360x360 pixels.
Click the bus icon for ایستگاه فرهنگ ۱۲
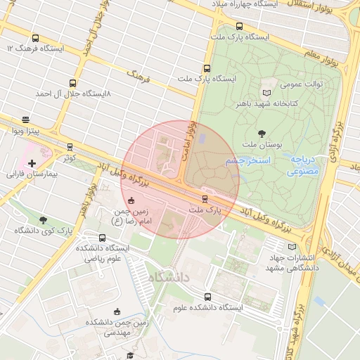[35, 39]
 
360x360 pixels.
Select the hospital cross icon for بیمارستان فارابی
[32, 163]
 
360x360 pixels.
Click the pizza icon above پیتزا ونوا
[26, 120]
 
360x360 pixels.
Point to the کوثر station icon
[70, 147]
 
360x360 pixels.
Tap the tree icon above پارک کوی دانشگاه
[44, 220]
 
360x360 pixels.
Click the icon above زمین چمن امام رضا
[130, 200]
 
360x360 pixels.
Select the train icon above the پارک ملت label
[205, 199]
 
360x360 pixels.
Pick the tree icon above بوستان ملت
[262, 133]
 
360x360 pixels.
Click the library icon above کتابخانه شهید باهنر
[266, 93]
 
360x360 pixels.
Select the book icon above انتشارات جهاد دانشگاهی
[292, 246]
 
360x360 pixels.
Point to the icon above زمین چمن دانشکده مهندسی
[117, 311]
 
